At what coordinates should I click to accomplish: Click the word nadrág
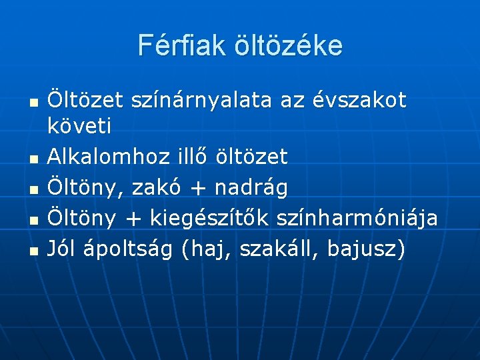[x=251, y=189]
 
